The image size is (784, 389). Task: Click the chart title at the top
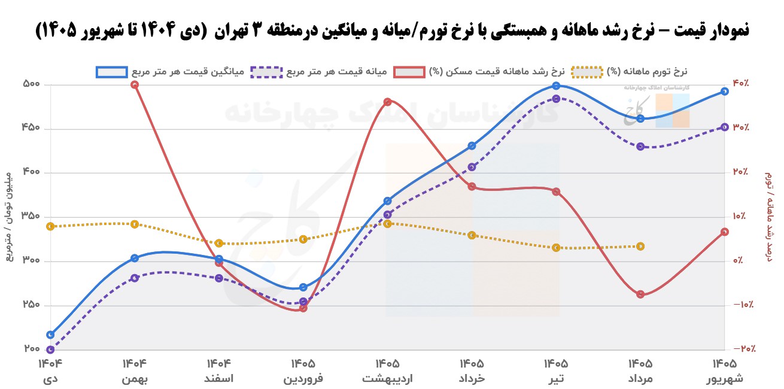(392, 31)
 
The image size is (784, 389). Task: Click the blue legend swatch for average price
(112, 72)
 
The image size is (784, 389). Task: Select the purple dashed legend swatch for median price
(266, 72)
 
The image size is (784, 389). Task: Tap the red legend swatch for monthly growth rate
(409, 72)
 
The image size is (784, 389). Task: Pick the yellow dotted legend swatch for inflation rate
(587, 72)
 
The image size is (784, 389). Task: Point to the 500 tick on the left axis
(32, 84)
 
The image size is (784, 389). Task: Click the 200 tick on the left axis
(32, 349)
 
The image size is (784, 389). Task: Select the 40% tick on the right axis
(741, 83)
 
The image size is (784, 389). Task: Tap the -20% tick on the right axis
(745, 349)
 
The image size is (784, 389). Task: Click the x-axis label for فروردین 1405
(303, 371)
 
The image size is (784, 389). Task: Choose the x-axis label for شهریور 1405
(725, 371)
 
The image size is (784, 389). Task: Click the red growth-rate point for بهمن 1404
(135, 85)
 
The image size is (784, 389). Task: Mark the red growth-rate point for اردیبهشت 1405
(387, 102)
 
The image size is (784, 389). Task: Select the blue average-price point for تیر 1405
(556, 86)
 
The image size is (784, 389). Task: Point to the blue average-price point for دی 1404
(50, 335)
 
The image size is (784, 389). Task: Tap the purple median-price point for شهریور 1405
(725, 127)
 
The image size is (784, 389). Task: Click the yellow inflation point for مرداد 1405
(640, 247)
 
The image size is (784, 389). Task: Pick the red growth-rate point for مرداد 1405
(640, 294)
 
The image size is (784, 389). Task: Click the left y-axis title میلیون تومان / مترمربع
(9, 217)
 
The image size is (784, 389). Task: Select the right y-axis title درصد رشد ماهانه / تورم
(768, 217)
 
